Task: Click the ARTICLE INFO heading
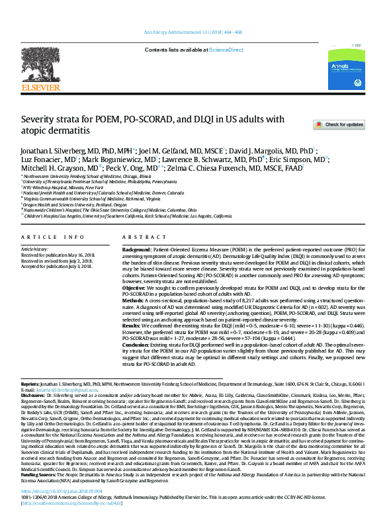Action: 52,236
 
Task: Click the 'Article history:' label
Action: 34,249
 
